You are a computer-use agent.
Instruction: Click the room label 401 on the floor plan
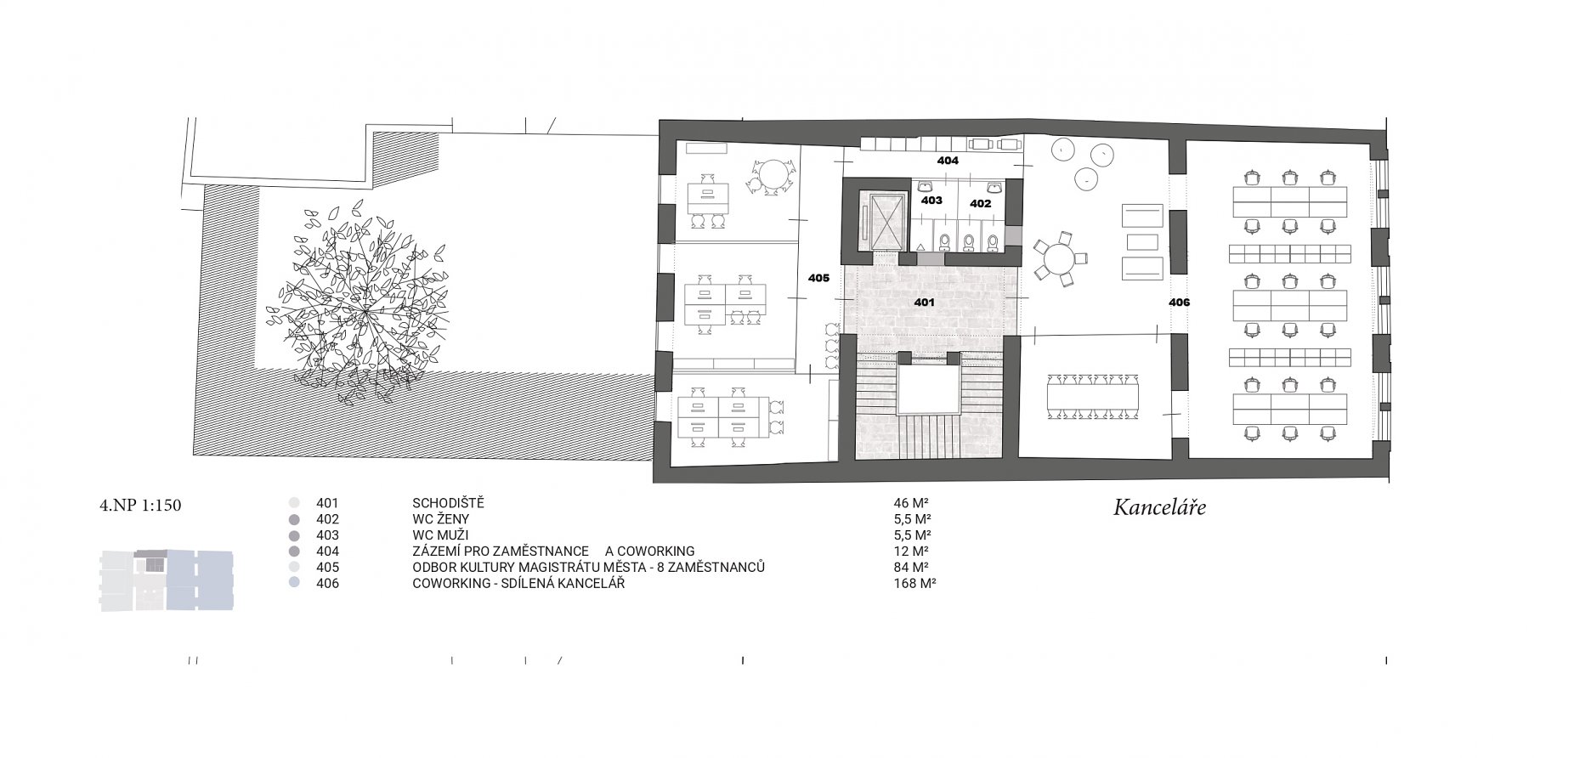pos(924,302)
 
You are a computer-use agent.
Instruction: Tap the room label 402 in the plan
pos(980,204)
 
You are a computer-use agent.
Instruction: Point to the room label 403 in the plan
pos(931,201)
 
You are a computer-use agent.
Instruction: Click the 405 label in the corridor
pos(818,278)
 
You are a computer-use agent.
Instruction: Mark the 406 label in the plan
pos(1179,303)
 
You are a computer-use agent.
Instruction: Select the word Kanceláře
pos(1160,509)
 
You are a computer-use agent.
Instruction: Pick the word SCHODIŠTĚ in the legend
pos(448,502)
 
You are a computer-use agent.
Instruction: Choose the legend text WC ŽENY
pos(440,518)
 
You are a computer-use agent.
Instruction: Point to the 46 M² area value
pos(906,502)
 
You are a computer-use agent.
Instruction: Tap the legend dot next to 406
pos(294,584)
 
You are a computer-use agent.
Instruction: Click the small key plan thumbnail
pos(167,581)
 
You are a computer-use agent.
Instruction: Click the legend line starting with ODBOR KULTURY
pos(589,567)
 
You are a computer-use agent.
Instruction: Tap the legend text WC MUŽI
pos(439,535)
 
